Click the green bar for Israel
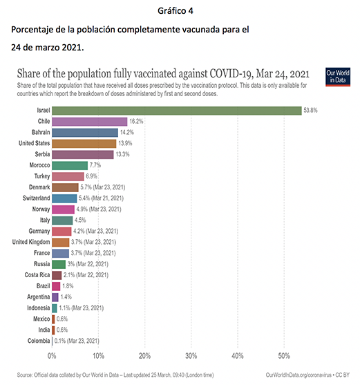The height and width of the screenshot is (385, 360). pyautogui.click(x=177, y=111)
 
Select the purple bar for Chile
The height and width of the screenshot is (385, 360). pyautogui.click(x=90, y=122)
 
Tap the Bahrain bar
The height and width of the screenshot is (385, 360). pyautogui.click(x=85, y=133)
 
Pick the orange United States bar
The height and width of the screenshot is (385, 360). pyautogui.click(x=84, y=144)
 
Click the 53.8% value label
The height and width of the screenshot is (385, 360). pyautogui.click(x=310, y=111)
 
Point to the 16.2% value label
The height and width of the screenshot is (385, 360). pyautogui.click(x=136, y=122)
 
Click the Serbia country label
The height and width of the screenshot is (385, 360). pyautogui.click(x=42, y=154)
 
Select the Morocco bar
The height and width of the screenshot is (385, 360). pyautogui.click(x=70, y=165)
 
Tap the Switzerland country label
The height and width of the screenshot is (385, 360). pyautogui.click(x=37, y=198)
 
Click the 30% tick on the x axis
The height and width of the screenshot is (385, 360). pyautogui.click(x=191, y=356)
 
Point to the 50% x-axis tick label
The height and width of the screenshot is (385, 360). pyautogui.click(x=284, y=356)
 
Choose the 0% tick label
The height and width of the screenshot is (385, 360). pyautogui.click(x=52, y=356)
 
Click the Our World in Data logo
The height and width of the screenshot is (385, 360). pyautogui.click(x=338, y=77)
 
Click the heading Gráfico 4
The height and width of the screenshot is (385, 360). pyautogui.click(x=176, y=11)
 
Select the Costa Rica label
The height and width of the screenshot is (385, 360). pyautogui.click(x=37, y=275)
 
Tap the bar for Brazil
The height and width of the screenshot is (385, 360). pyautogui.click(x=56, y=286)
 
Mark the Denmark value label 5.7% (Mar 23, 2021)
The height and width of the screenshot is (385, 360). pyautogui.click(x=103, y=187)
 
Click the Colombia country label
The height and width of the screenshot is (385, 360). pyautogui.click(x=39, y=341)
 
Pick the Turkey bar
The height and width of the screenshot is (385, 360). pyautogui.click(x=68, y=176)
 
